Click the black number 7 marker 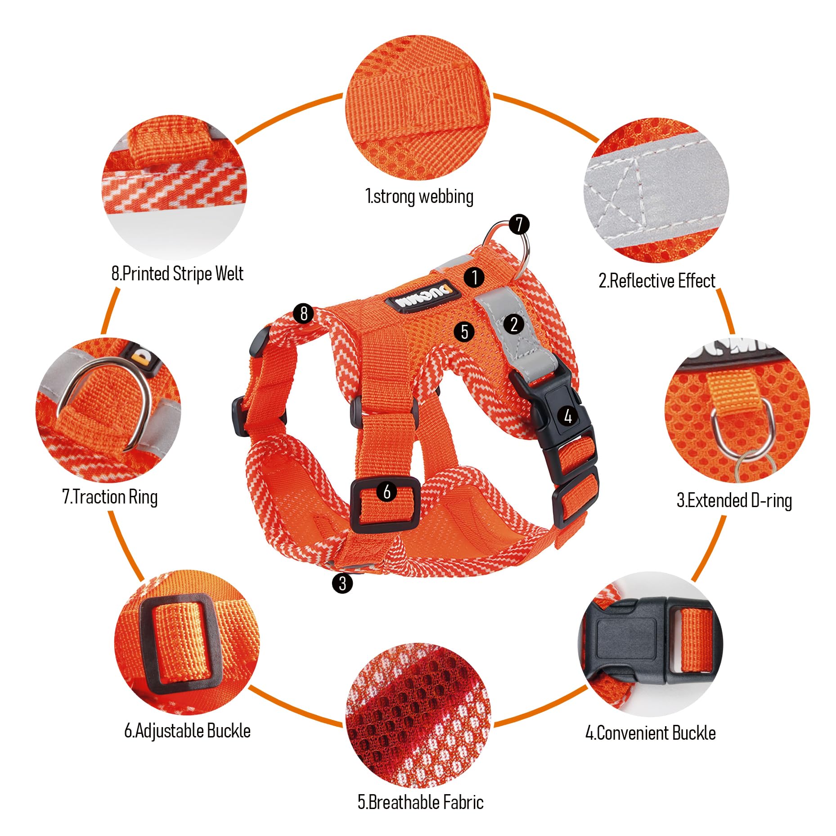(x=519, y=224)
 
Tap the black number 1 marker (x=474, y=277)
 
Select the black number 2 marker (x=514, y=324)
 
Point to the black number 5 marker (x=464, y=332)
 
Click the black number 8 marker (x=304, y=313)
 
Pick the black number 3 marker (x=342, y=583)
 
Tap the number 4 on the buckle (x=568, y=416)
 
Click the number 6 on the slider (x=387, y=492)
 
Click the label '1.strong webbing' (x=419, y=197)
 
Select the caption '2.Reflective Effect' (x=656, y=281)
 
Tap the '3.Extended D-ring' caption (x=734, y=500)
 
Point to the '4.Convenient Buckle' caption (x=650, y=733)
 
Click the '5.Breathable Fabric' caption (x=420, y=802)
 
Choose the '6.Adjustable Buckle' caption (x=187, y=731)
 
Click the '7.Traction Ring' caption (x=110, y=497)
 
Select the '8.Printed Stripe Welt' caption (x=177, y=274)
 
